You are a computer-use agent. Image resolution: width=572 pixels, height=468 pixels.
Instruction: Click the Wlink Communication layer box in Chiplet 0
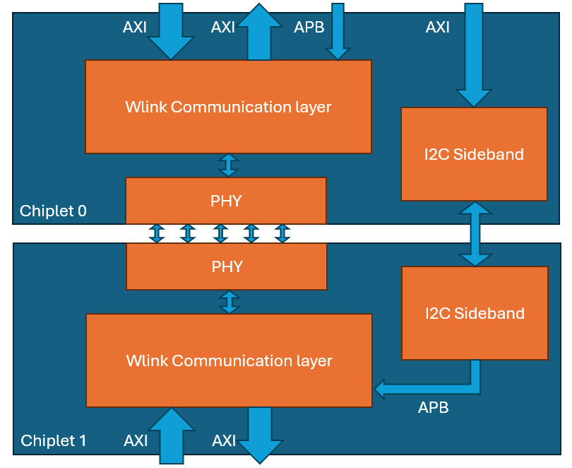click(x=228, y=107)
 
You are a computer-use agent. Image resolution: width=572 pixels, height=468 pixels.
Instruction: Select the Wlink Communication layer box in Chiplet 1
click(x=229, y=361)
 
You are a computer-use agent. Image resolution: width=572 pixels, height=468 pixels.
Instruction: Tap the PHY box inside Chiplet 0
click(x=226, y=201)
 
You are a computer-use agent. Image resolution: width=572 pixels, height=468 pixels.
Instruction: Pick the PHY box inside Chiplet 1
click(x=227, y=267)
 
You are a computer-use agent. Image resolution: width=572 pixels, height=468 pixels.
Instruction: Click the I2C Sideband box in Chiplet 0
click(x=474, y=154)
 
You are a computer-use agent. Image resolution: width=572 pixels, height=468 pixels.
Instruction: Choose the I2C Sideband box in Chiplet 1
click(x=475, y=313)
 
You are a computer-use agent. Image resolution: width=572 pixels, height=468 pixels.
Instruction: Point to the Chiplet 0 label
click(x=53, y=211)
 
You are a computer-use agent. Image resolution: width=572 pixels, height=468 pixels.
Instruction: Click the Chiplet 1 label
click(x=54, y=441)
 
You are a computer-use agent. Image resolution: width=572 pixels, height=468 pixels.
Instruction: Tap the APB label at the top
click(x=309, y=27)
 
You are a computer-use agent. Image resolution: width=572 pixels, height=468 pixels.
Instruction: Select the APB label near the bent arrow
click(x=433, y=407)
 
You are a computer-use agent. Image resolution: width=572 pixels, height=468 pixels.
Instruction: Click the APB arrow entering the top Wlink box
click(x=338, y=32)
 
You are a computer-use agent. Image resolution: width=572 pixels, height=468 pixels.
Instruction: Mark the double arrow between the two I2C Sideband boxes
click(x=475, y=234)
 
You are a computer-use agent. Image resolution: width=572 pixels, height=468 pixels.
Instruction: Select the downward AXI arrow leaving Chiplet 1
click(x=260, y=435)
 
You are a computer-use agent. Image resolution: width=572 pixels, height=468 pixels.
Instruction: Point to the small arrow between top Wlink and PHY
click(x=228, y=165)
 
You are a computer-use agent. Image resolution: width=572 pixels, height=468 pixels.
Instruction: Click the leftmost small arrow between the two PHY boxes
click(x=157, y=233)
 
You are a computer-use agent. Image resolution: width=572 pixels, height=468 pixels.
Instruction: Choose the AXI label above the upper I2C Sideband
click(x=438, y=27)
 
